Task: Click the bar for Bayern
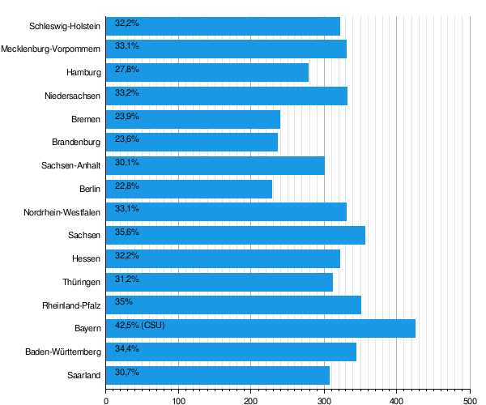click(261, 329)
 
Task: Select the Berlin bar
click(189, 189)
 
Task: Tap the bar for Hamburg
click(207, 73)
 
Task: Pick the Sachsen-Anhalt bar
click(215, 166)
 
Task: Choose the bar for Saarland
click(218, 375)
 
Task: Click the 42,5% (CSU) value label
click(140, 325)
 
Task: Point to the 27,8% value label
click(127, 69)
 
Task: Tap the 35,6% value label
click(127, 232)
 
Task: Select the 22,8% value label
click(127, 186)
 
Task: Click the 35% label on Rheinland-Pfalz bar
click(124, 301)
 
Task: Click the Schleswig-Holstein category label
click(65, 26)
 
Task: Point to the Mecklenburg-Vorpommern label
click(50, 49)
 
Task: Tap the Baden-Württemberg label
click(63, 352)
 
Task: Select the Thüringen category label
click(82, 283)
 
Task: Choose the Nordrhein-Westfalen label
click(62, 212)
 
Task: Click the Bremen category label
click(86, 119)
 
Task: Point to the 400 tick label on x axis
click(396, 401)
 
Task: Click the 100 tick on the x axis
click(178, 401)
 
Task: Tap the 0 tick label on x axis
click(106, 401)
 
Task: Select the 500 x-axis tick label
click(470, 401)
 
